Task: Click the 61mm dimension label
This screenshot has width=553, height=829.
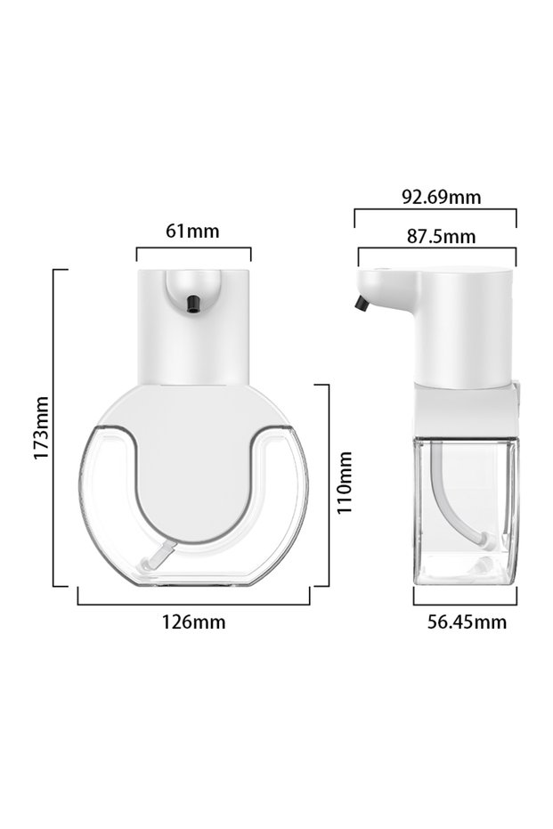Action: [192, 231]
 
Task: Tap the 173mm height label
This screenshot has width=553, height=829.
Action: [41, 427]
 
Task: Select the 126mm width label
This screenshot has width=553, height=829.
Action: [193, 622]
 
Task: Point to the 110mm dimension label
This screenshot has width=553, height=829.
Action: [344, 483]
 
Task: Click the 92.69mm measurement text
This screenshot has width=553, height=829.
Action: [442, 197]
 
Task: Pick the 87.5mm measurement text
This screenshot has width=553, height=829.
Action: [441, 236]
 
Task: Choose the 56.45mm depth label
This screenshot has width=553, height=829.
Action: [467, 622]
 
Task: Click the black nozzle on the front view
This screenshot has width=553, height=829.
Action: [194, 304]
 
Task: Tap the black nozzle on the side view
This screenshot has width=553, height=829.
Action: [362, 304]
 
